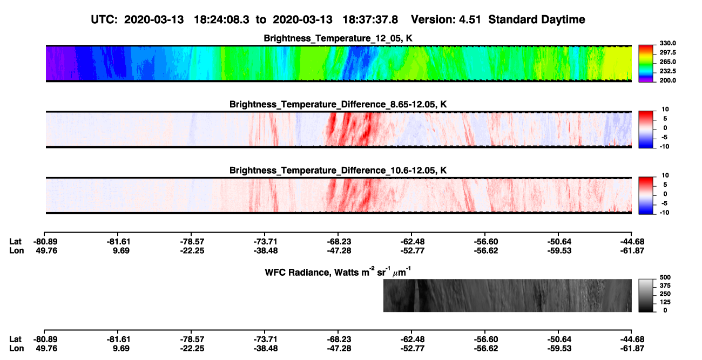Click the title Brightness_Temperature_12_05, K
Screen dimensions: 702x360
click(338, 38)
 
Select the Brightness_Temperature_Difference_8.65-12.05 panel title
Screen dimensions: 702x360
click(338, 104)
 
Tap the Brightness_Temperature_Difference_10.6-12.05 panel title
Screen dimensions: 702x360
click(338, 171)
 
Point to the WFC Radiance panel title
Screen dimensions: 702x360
click(338, 272)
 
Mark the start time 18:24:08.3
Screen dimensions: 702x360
click(221, 20)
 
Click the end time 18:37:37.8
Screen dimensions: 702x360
click(370, 20)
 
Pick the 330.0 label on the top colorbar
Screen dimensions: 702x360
click(667, 43)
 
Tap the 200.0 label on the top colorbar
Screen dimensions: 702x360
click(667, 80)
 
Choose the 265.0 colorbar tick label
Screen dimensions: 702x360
click(667, 62)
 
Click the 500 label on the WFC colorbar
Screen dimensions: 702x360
click(665, 277)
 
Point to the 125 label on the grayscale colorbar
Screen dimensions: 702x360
click(665, 302)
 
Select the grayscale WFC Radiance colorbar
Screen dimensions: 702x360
click(646, 295)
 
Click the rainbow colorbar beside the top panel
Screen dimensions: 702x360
click(646, 64)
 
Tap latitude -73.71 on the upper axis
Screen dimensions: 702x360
click(265, 242)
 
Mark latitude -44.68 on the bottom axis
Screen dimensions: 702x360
click(632, 339)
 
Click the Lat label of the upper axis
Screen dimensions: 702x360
click(15, 242)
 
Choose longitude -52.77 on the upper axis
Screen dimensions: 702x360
click(412, 251)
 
